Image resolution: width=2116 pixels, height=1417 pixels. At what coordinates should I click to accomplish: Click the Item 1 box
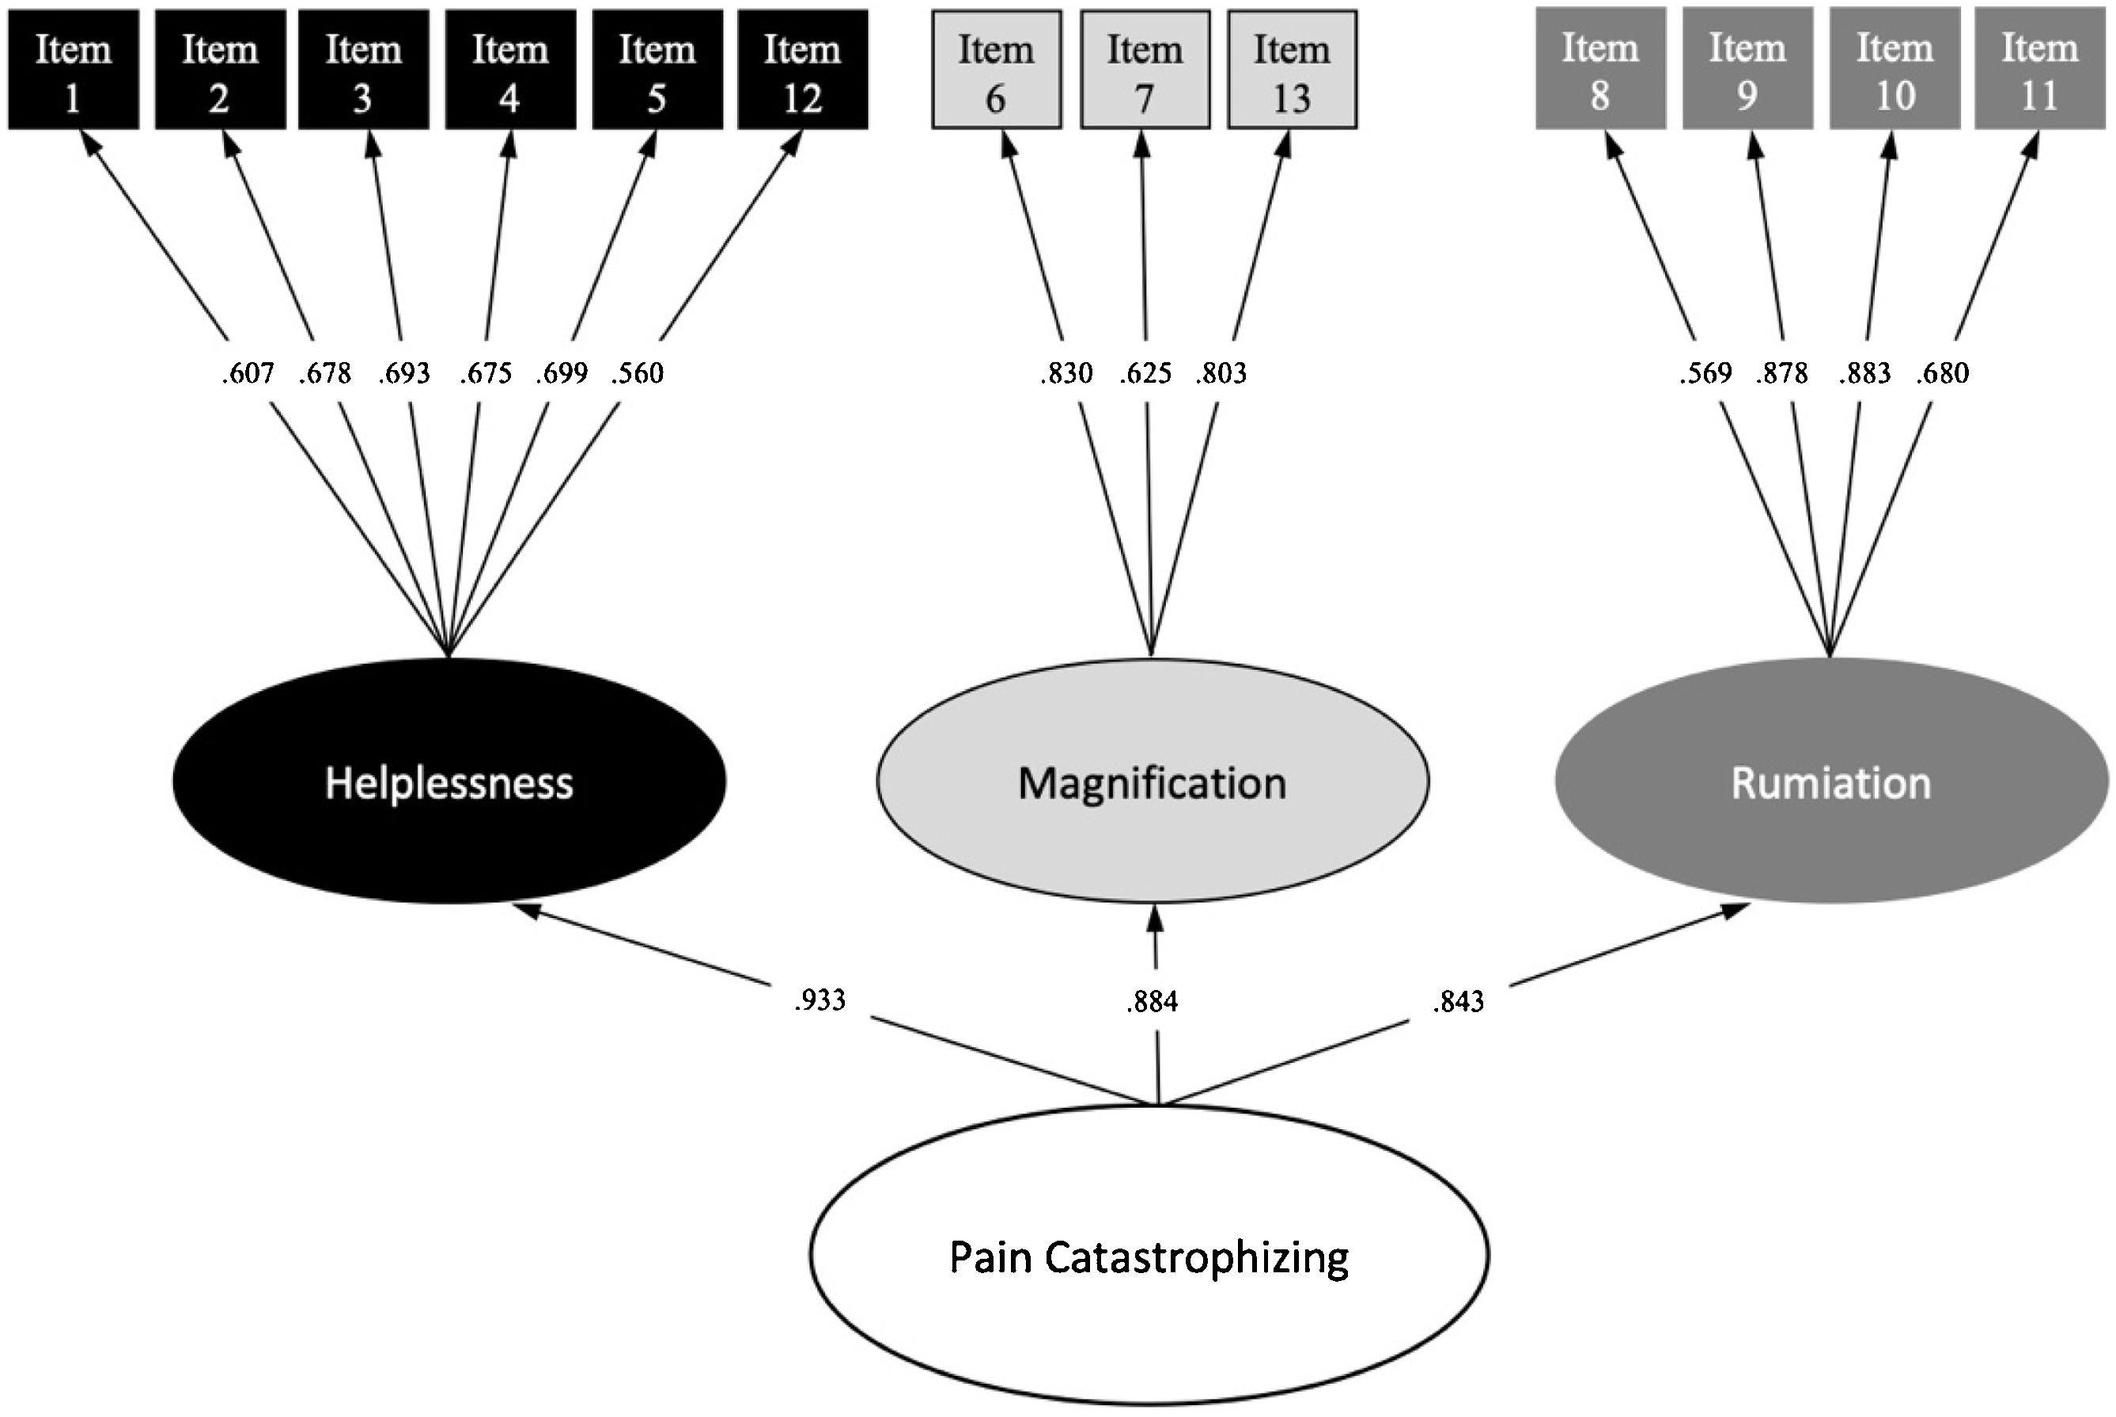[x=74, y=70]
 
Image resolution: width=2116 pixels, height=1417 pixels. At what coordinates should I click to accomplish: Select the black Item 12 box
[x=803, y=70]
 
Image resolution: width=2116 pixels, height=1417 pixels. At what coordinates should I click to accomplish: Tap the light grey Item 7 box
[x=1145, y=70]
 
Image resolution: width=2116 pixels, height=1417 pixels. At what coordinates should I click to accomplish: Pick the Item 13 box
[x=1292, y=70]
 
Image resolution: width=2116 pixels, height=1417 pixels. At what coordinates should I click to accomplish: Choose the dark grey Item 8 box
[x=1600, y=68]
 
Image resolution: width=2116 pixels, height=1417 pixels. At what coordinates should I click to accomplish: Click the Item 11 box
[x=2039, y=68]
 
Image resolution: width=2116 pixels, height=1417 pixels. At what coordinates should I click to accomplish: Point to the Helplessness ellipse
[x=449, y=782]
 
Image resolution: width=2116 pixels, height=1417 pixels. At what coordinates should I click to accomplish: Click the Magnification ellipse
[x=1153, y=782]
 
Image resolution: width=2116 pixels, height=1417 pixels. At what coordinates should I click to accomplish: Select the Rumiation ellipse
[x=1831, y=782]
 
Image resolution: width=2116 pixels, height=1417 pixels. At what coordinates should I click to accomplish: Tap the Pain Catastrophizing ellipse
[x=1149, y=1257]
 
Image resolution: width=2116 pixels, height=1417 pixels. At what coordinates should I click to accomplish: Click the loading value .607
[x=248, y=373]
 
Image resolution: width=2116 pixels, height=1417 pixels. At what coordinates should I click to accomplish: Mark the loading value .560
[x=638, y=373]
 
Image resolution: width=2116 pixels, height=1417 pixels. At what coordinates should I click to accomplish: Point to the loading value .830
[x=1066, y=373]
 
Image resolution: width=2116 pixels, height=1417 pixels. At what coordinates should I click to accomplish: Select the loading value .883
[x=1864, y=373]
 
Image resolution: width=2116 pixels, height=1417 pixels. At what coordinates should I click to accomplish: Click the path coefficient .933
[x=820, y=1000]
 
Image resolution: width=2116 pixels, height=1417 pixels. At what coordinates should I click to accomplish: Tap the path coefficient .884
[x=1153, y=1002]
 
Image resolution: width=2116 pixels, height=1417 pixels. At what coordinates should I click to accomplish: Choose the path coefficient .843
[x=1458, y=1002]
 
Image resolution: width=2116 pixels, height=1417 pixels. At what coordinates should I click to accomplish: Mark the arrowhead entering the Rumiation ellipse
[x=1736, y=910]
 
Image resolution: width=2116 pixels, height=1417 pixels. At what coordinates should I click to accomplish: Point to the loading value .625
[x=1145, y=373]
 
